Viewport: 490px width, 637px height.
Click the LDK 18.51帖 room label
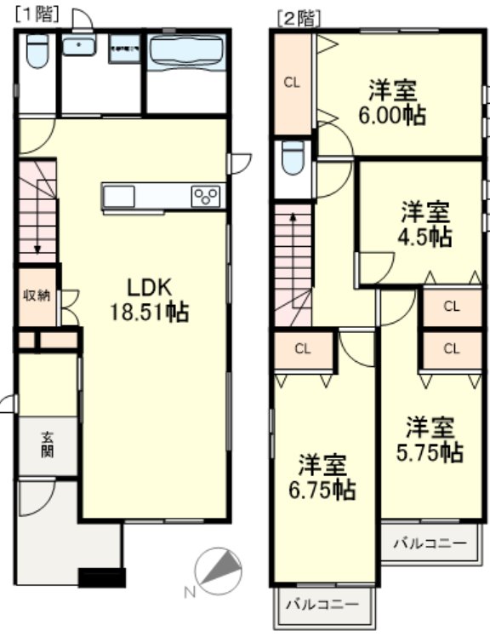click(x=150, y=301)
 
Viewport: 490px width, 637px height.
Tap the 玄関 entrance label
click(x=48, y=445)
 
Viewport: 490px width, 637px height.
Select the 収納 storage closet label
click(x=37, y=296)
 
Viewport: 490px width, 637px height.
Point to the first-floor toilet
click(x=37, y=50)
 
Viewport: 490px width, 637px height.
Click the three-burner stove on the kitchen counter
click(x=205, y=196)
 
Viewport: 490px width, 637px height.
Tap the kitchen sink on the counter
click(x=119, y=197)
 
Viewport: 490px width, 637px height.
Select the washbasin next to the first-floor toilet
click(x=79, y=44)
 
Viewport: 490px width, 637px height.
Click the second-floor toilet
click(x=293, y=158)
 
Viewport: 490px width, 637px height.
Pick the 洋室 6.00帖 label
click(x=392, y=103)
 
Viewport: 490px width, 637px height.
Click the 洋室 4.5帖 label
click(x=424, y=224)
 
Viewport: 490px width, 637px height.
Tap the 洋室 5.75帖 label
click(x=430, y=439)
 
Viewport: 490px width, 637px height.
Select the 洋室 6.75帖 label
click(x=322, y=477)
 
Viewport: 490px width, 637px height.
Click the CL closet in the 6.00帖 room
click(x=292, y=83)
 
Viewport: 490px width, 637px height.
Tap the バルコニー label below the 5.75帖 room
click(x=430, y=543)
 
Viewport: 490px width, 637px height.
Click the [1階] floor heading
click(x=37, y=14)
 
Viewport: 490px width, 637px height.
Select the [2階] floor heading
click(x=299, y=19)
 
